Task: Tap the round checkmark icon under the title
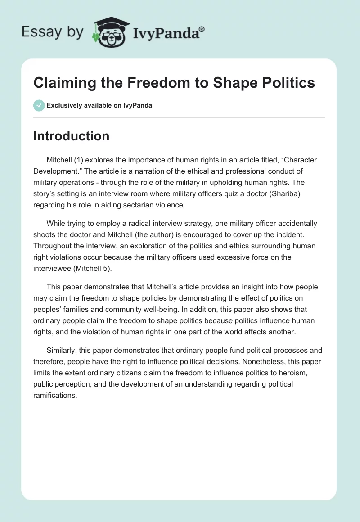point(39,105)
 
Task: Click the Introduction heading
point(71,136)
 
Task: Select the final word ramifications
point(56,395)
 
